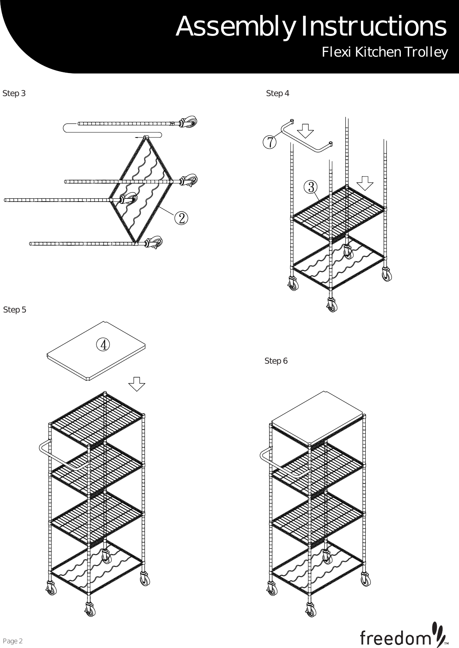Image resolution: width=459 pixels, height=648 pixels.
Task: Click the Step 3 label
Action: click(x=14, y=94)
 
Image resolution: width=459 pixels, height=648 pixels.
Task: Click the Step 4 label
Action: click(x=277, y=94)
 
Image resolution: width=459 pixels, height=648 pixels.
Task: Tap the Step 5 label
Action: click(x=15, y=310)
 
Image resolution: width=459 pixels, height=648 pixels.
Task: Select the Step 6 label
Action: click(x=276, y=361)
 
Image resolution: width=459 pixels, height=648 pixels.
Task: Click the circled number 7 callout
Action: click(x=270, y=142)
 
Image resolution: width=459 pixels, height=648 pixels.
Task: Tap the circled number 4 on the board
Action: click(x=102, y=345)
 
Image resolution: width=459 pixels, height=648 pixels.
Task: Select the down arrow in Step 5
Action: click(x=137, y=384)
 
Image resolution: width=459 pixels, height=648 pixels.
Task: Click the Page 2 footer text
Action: click(x=13, y=641)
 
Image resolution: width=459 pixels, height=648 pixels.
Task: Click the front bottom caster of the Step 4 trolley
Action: click(x=331, y=305)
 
